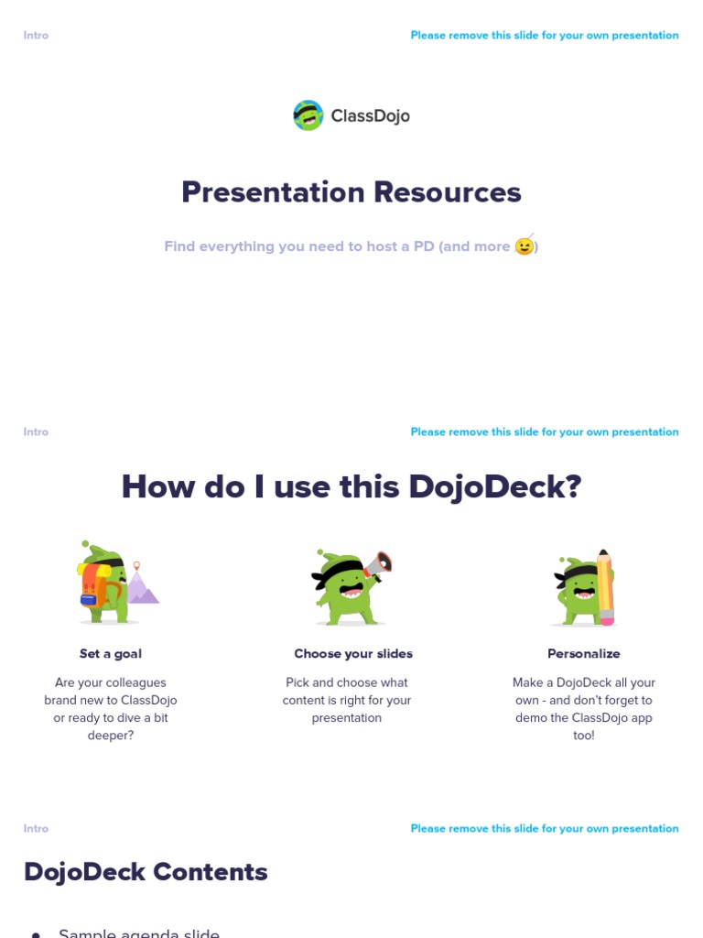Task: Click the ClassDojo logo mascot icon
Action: pos(308,115)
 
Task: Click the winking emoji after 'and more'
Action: pos(525,245)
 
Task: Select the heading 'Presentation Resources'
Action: pos(351,192)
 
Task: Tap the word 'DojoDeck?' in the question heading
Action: pos(495,486)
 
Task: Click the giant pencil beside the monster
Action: pos(605,587)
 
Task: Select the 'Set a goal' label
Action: pos(111,654)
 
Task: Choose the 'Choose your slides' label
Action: pos(353,654)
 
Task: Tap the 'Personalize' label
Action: pos(584,654)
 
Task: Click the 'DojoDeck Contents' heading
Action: pos(146,872)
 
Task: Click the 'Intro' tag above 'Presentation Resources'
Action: pos(36,36)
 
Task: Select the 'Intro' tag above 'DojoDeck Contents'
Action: pos(36,829)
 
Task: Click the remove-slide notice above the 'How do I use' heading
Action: pos(545,432)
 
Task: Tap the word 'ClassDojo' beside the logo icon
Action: pos(370,116)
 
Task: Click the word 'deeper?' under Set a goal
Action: pos(111,736)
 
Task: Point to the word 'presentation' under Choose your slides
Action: pos(347,718)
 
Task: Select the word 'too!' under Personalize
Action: pos(584,736)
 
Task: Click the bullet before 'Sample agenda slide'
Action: pos(36,934)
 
